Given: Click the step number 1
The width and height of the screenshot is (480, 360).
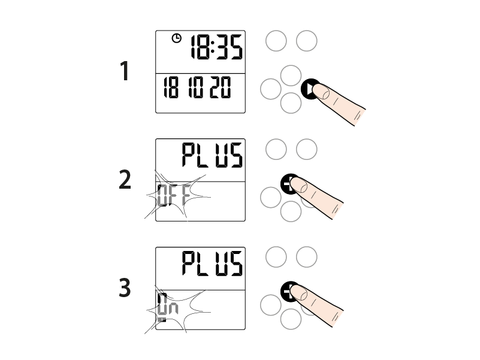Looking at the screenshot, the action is tap(124, 71).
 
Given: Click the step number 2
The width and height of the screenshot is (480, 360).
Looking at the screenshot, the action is tap(125, 179).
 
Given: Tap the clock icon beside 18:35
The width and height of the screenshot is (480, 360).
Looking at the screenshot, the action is tap(177, 38).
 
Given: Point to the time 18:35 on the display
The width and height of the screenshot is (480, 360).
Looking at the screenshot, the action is tap(217, 47).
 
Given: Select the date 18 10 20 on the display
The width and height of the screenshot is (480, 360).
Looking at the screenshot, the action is tap(197, 87).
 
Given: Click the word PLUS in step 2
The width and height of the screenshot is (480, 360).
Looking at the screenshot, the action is tap(213, 155).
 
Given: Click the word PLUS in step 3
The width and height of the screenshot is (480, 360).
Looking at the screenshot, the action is tap(213, 264).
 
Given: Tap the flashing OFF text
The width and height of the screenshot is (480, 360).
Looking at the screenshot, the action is tap(174, 195).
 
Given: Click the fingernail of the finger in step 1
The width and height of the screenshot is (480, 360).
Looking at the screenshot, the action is tap(321, 92).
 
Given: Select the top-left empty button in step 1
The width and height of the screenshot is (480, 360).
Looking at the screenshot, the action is tap(276, 41).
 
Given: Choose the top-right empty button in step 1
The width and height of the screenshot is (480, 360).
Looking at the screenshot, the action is tap(307, 41).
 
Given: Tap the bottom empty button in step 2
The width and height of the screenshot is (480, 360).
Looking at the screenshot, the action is tap(291, 211).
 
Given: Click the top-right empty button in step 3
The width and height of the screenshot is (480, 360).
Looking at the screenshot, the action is tap(307, 257).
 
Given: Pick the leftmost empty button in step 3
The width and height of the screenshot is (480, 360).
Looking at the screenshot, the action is tap(271, 305).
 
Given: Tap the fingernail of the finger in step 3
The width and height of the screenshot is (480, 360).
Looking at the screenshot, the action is tap(299, 292).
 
